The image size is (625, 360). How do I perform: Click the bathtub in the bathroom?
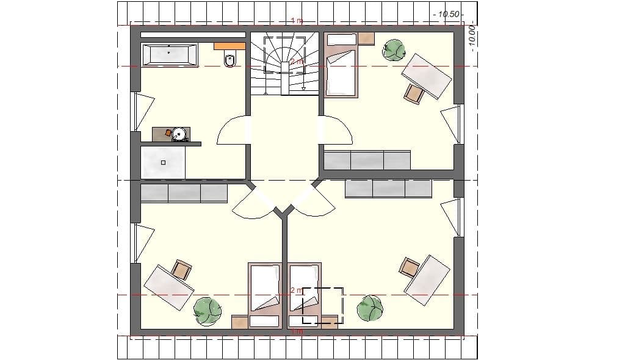170,54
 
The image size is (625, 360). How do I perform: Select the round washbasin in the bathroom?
179,134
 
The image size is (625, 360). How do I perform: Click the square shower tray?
163,162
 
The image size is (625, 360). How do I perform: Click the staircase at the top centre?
285,65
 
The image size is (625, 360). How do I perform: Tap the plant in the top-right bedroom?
393,50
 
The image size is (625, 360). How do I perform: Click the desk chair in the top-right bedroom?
414,93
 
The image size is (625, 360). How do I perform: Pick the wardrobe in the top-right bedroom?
367,160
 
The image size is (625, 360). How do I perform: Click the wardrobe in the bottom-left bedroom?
184,193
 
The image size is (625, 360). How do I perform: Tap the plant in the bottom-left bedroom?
207,309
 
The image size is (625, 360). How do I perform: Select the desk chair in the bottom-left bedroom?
181,269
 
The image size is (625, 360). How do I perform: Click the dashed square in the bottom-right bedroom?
323,306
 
